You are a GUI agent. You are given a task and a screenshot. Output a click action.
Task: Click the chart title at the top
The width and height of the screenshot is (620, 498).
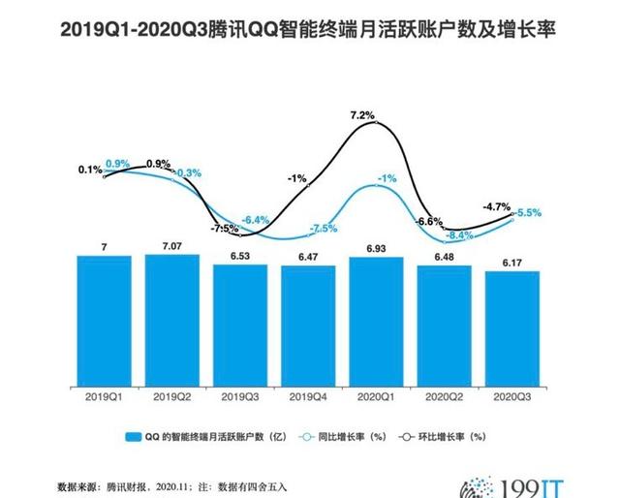pos(310,32)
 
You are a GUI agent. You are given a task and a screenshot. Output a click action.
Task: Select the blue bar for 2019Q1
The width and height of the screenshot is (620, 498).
pos(104,320)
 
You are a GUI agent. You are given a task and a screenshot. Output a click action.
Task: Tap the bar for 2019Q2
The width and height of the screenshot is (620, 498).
pos(171,320)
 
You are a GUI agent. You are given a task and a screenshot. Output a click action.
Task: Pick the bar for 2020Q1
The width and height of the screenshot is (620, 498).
pos(376,320)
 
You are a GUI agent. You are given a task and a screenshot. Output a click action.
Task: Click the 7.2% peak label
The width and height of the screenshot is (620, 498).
pos(362,115)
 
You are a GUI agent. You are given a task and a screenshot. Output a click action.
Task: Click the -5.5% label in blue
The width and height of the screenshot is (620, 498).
pos(528,212)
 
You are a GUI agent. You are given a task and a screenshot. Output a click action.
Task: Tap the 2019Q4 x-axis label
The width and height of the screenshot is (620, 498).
pos(308,396)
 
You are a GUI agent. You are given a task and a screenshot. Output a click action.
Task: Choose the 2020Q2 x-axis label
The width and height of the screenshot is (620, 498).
pos(445,396)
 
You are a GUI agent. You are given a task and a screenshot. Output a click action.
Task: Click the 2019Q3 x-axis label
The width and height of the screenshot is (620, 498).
pos(239,396)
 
